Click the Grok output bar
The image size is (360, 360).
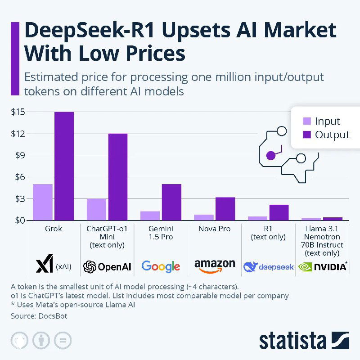(64, 166)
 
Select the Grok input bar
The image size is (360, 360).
(43, 202)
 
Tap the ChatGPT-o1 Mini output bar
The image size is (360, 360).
(117, 177)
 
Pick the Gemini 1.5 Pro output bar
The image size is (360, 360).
(171, 202)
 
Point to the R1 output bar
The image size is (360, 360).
(279, 213)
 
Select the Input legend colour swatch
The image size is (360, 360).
(307, 121)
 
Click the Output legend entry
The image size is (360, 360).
(332, 135)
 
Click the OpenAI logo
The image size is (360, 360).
(107, 267)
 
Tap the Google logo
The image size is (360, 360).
(161, 266)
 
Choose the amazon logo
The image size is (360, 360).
(215, 265)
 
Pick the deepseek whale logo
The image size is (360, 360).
(250, 266)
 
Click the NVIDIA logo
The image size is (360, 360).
(323, 266)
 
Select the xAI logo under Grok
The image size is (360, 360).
(45, 266)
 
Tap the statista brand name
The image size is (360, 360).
(293, 341)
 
